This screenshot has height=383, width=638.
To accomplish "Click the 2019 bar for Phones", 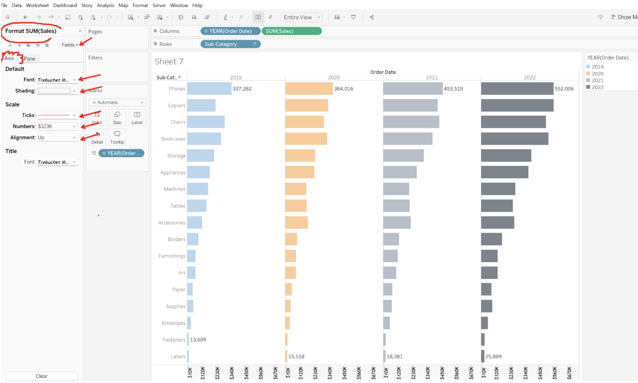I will [x=209, y=89].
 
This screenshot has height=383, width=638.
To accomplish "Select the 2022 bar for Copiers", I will [x=517, y=105].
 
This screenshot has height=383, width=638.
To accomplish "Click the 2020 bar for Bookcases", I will [x=306, y=139].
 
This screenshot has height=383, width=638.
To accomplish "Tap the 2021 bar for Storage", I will [x=403, y=155].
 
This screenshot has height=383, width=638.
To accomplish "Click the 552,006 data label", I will [x=564, y=89].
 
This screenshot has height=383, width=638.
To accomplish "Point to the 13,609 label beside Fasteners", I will [x=198, y=340].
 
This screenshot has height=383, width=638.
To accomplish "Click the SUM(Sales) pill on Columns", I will [x=291, y=31].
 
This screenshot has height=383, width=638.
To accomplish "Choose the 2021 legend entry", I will [x=597, y=80].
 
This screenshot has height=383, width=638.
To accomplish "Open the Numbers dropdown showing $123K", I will [x=57, y=126].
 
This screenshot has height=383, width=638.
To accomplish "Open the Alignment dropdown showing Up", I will [x=57, y=137].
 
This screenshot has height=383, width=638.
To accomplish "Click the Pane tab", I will [x=29, y=59].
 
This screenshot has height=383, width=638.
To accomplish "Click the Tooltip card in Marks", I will [x=117, y=137].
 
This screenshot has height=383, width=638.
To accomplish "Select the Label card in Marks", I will [x=137, y=117].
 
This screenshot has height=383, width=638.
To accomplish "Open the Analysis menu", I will [x=105, y=5].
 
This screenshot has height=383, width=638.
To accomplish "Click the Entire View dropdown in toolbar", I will [x=302, y=17].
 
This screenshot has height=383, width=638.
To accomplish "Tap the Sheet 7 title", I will [x=169, y=62].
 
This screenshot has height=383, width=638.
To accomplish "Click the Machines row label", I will [x=174, y=189].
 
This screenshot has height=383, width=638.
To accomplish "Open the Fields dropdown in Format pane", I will [x=70, y=45].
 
